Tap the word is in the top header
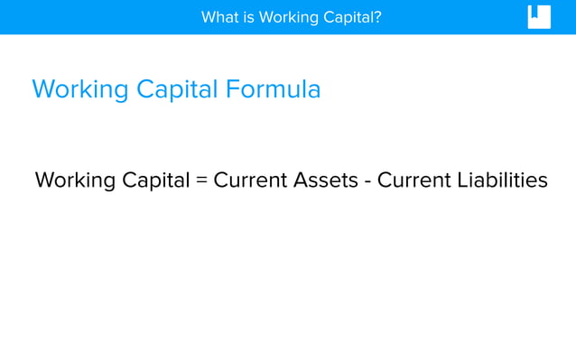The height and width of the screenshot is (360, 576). [249, 17]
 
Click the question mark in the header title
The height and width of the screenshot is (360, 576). [378, 17]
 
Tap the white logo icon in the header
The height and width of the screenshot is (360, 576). [539, 17]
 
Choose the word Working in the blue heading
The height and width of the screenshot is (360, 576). [79, 90]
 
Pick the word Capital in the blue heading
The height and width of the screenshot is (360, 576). [177, 90]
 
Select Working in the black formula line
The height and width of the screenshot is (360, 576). [75, 180]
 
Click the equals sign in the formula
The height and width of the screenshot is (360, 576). [202, 180]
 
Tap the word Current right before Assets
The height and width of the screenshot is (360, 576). [250, 180]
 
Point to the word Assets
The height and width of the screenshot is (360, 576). [325, 180]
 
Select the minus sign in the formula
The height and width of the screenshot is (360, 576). [367, 181]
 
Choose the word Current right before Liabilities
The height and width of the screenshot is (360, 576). [413, 180]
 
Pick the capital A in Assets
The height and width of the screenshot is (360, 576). [301, 180]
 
